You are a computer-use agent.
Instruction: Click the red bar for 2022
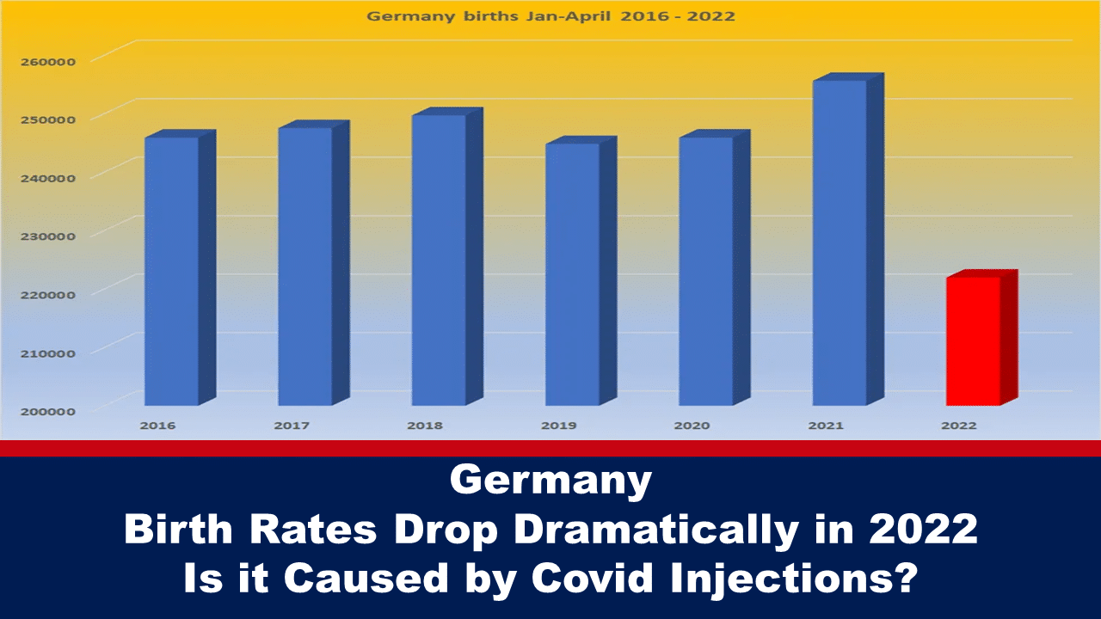point(974,340)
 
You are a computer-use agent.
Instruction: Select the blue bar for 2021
point(840,242)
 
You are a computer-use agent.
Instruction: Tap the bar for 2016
point(171,271)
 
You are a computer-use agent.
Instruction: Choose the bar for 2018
point(439,260)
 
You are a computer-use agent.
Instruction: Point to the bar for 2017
point(304,266)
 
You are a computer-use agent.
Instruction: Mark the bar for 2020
point(706,271)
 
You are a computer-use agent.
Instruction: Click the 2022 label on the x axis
point(959,426)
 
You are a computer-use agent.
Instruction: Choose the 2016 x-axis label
point(157,426)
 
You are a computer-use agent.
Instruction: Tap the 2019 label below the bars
point(558,426)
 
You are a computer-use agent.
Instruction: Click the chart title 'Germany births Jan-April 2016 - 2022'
point(551,15)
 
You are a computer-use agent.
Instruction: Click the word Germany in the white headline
point(550,481)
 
